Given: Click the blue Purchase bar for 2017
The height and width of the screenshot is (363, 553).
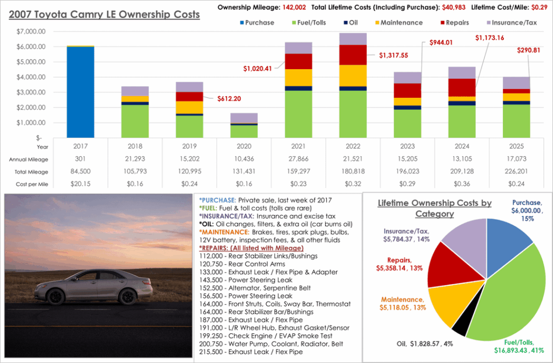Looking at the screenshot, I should [x=80, y=92].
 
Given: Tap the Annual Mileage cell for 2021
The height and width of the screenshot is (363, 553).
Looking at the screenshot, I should [x=298, y=159].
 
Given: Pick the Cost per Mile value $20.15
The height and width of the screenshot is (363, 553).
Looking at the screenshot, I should [x=80, y=184].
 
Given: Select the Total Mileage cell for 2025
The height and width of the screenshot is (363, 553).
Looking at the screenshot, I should [x=516, y=171].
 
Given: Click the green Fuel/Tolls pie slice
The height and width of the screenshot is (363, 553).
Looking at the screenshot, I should [x=508, y=292].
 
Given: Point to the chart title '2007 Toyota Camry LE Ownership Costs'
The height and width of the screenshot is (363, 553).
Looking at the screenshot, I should [x=104, y=15].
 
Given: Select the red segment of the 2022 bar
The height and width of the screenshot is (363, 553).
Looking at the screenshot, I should [x=352, y=55].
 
